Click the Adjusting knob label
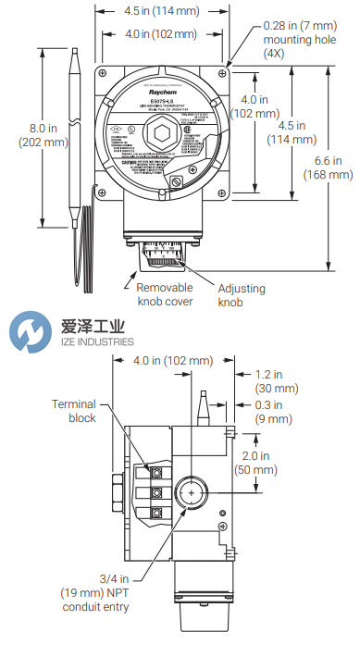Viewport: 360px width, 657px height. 241,295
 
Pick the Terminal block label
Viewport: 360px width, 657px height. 74,411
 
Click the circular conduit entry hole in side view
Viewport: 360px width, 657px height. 191,493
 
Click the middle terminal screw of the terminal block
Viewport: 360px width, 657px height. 155,490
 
